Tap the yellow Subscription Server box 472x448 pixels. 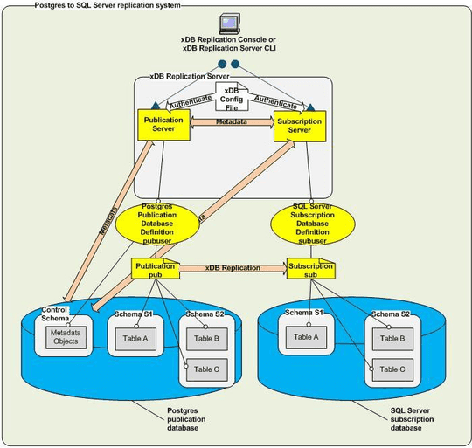tap(299, 124)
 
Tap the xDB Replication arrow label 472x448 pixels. tap(232, 268)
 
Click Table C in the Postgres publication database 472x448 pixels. tap(207, 369)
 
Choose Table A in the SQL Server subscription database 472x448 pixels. tap(307, 337)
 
